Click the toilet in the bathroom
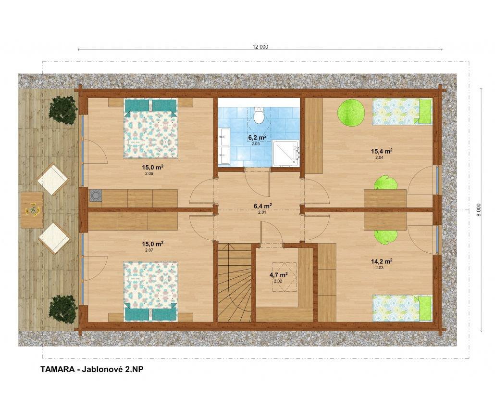[259, 115]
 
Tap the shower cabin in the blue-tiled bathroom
[286, 153]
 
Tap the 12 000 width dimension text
[260, 47]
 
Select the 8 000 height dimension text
[479, 210]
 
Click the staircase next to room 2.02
[235, 283]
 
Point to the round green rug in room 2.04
[351, 113]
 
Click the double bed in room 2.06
[150, 129]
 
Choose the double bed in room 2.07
[150, 291]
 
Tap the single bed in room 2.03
[402, 309]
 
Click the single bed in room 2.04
[402, 111]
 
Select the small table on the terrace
[32, 210]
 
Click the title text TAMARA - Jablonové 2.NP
[92, 369]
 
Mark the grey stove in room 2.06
[96, 195]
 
